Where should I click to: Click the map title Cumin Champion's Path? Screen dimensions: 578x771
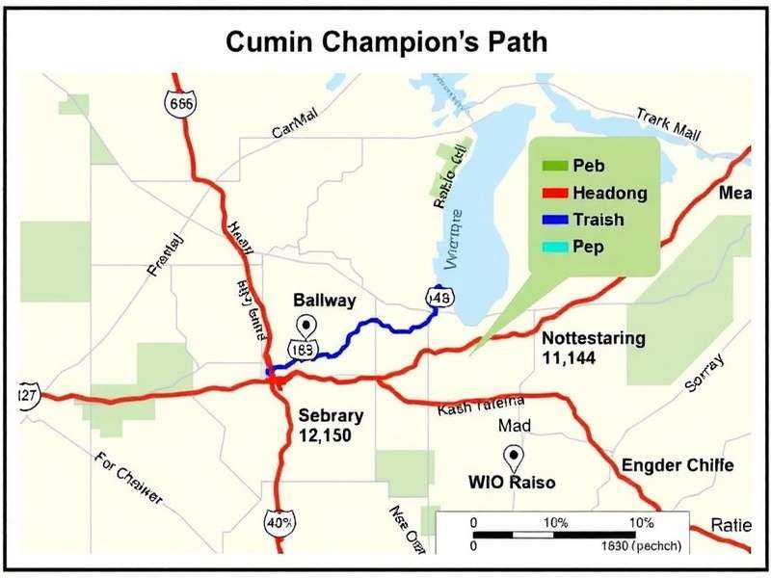[x=385, y=42]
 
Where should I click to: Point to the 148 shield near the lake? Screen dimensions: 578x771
[x=440, y=298]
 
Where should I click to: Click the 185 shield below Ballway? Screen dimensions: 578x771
[x=301, y=349]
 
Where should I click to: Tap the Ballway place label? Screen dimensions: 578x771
[x=325, y=301]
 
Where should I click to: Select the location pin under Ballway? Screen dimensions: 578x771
[x=307, y=325]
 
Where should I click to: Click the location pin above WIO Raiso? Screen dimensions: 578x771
[x=513, y=457]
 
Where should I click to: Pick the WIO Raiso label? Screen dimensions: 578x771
[x=512, y=482]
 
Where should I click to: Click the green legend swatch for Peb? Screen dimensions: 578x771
[x=550, y=167]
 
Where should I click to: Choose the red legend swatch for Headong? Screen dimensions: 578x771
[x=550, y=194]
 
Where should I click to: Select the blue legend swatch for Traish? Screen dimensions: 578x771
[x=550, y=220]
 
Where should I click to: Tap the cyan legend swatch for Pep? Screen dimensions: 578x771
[x=550, y=247]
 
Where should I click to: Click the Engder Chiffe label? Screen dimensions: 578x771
[x=678, y=466]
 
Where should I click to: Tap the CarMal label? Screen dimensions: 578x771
[x=294, y=131]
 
